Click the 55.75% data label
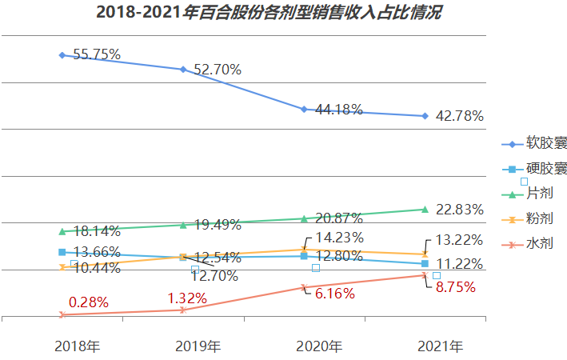pos(96,54)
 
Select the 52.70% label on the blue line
pos(217,70)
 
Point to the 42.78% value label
pos(459,116)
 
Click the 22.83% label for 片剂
pos(459,210)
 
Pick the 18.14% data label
pos(96,231)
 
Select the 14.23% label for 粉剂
pos(339,238)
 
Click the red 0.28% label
pos(89,302)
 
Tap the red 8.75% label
pos(456,286)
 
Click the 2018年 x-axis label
pos(78,346)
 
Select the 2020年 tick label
pos(319,346)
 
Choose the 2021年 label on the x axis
pos(441,346)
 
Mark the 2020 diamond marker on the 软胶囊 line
pos(304,109)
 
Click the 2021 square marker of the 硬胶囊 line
pos(425,264)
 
